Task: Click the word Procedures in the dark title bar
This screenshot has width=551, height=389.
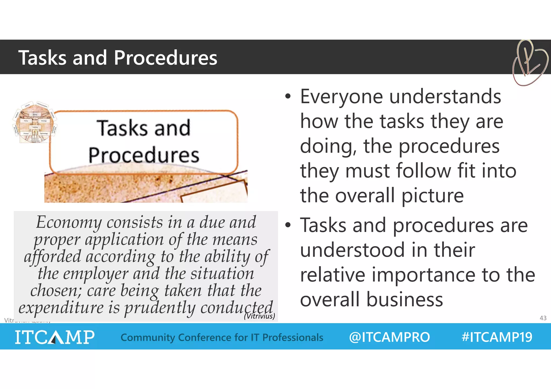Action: pyautogui.click(x=165, y=58)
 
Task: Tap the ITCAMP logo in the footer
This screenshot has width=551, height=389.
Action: pyautogui.click(x=55, y=337)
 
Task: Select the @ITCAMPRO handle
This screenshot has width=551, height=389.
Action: pyautogui.click(x=389, y=337)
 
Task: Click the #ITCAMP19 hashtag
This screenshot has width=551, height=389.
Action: pyautogui.click(x=497, y=337)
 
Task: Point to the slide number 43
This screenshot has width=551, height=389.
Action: pyautogui.click(x=543, y=318)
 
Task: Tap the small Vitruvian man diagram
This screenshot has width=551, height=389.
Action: pyautogui.click(x=35, y=123)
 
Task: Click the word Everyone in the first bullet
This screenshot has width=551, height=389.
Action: pyautogui.click(x=341, y=97)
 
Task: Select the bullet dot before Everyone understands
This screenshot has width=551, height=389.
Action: pyautogui.click(x=288, y=97)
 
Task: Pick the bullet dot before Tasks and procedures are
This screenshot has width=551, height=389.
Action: pyautogui.click(x=288, y=225)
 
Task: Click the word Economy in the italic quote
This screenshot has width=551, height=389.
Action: pyautogui.click(x=69, y=222)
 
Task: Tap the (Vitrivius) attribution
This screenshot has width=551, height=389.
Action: pyautogui.click(x=259, y=316)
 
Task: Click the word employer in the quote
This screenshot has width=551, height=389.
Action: pyautogui.click(x=96, y=274)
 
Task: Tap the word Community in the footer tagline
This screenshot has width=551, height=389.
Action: pyautogui.click(x=148, y=337)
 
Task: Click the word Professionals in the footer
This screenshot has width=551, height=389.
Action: pyautogui.click(x=293, y=337)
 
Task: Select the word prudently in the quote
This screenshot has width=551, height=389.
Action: pyautogui.click(x=160, y=308)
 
